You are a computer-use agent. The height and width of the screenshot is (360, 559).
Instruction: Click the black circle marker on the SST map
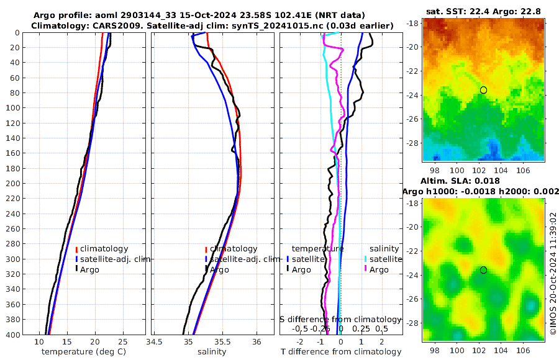pos(483,90)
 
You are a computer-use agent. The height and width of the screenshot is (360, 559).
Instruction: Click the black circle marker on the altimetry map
pos(483,270)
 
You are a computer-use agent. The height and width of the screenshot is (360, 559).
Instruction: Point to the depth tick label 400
pos(13,335)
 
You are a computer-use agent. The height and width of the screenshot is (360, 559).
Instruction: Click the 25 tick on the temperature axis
pos(122,342)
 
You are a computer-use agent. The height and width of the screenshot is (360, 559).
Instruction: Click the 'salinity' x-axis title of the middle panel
pos(212,352)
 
